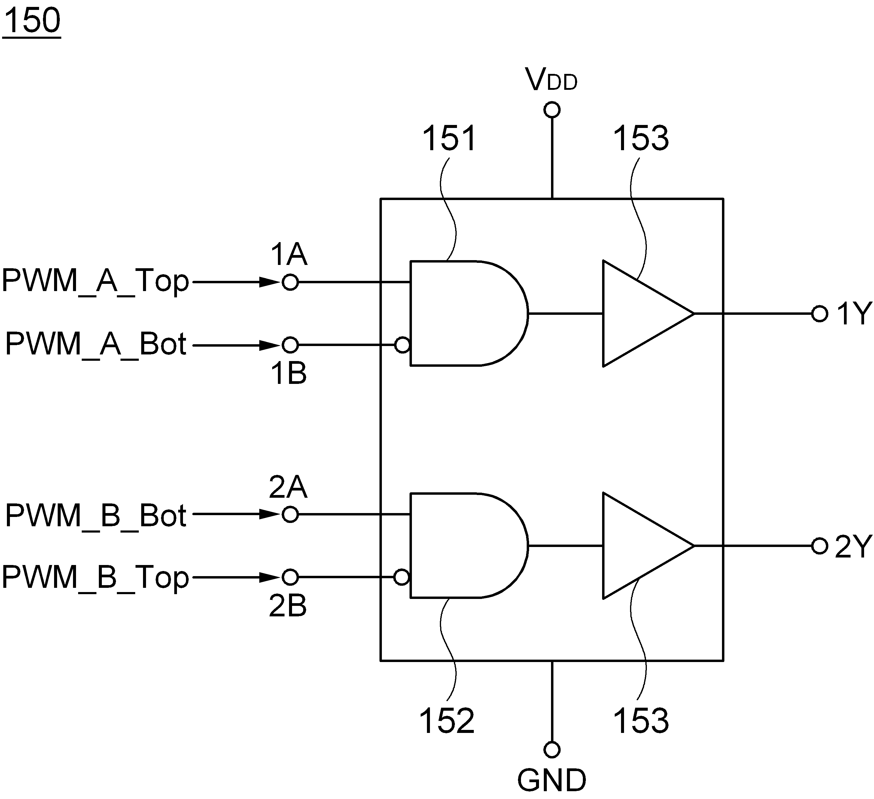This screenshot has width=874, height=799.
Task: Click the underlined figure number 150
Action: click(x=32, y=21)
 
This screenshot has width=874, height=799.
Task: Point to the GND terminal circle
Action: click(x=552, y=749)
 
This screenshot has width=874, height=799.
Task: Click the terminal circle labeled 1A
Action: click(x=290, y=282)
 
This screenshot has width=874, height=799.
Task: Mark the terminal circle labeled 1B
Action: click(x=290, y=345)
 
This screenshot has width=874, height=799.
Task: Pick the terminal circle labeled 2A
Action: click(x=290, y=515)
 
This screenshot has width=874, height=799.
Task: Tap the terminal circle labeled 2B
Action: click(x=290, y=577)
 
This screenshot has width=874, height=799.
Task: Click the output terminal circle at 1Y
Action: click(x=819, y=314)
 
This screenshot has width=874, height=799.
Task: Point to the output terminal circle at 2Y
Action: click(x=819, y=546)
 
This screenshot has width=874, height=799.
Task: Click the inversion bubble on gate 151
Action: click(x=402, y=345)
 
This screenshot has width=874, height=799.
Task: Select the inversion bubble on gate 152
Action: click(x=402, y=577)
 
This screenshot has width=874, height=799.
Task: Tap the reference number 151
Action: click(x=449, y=138)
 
